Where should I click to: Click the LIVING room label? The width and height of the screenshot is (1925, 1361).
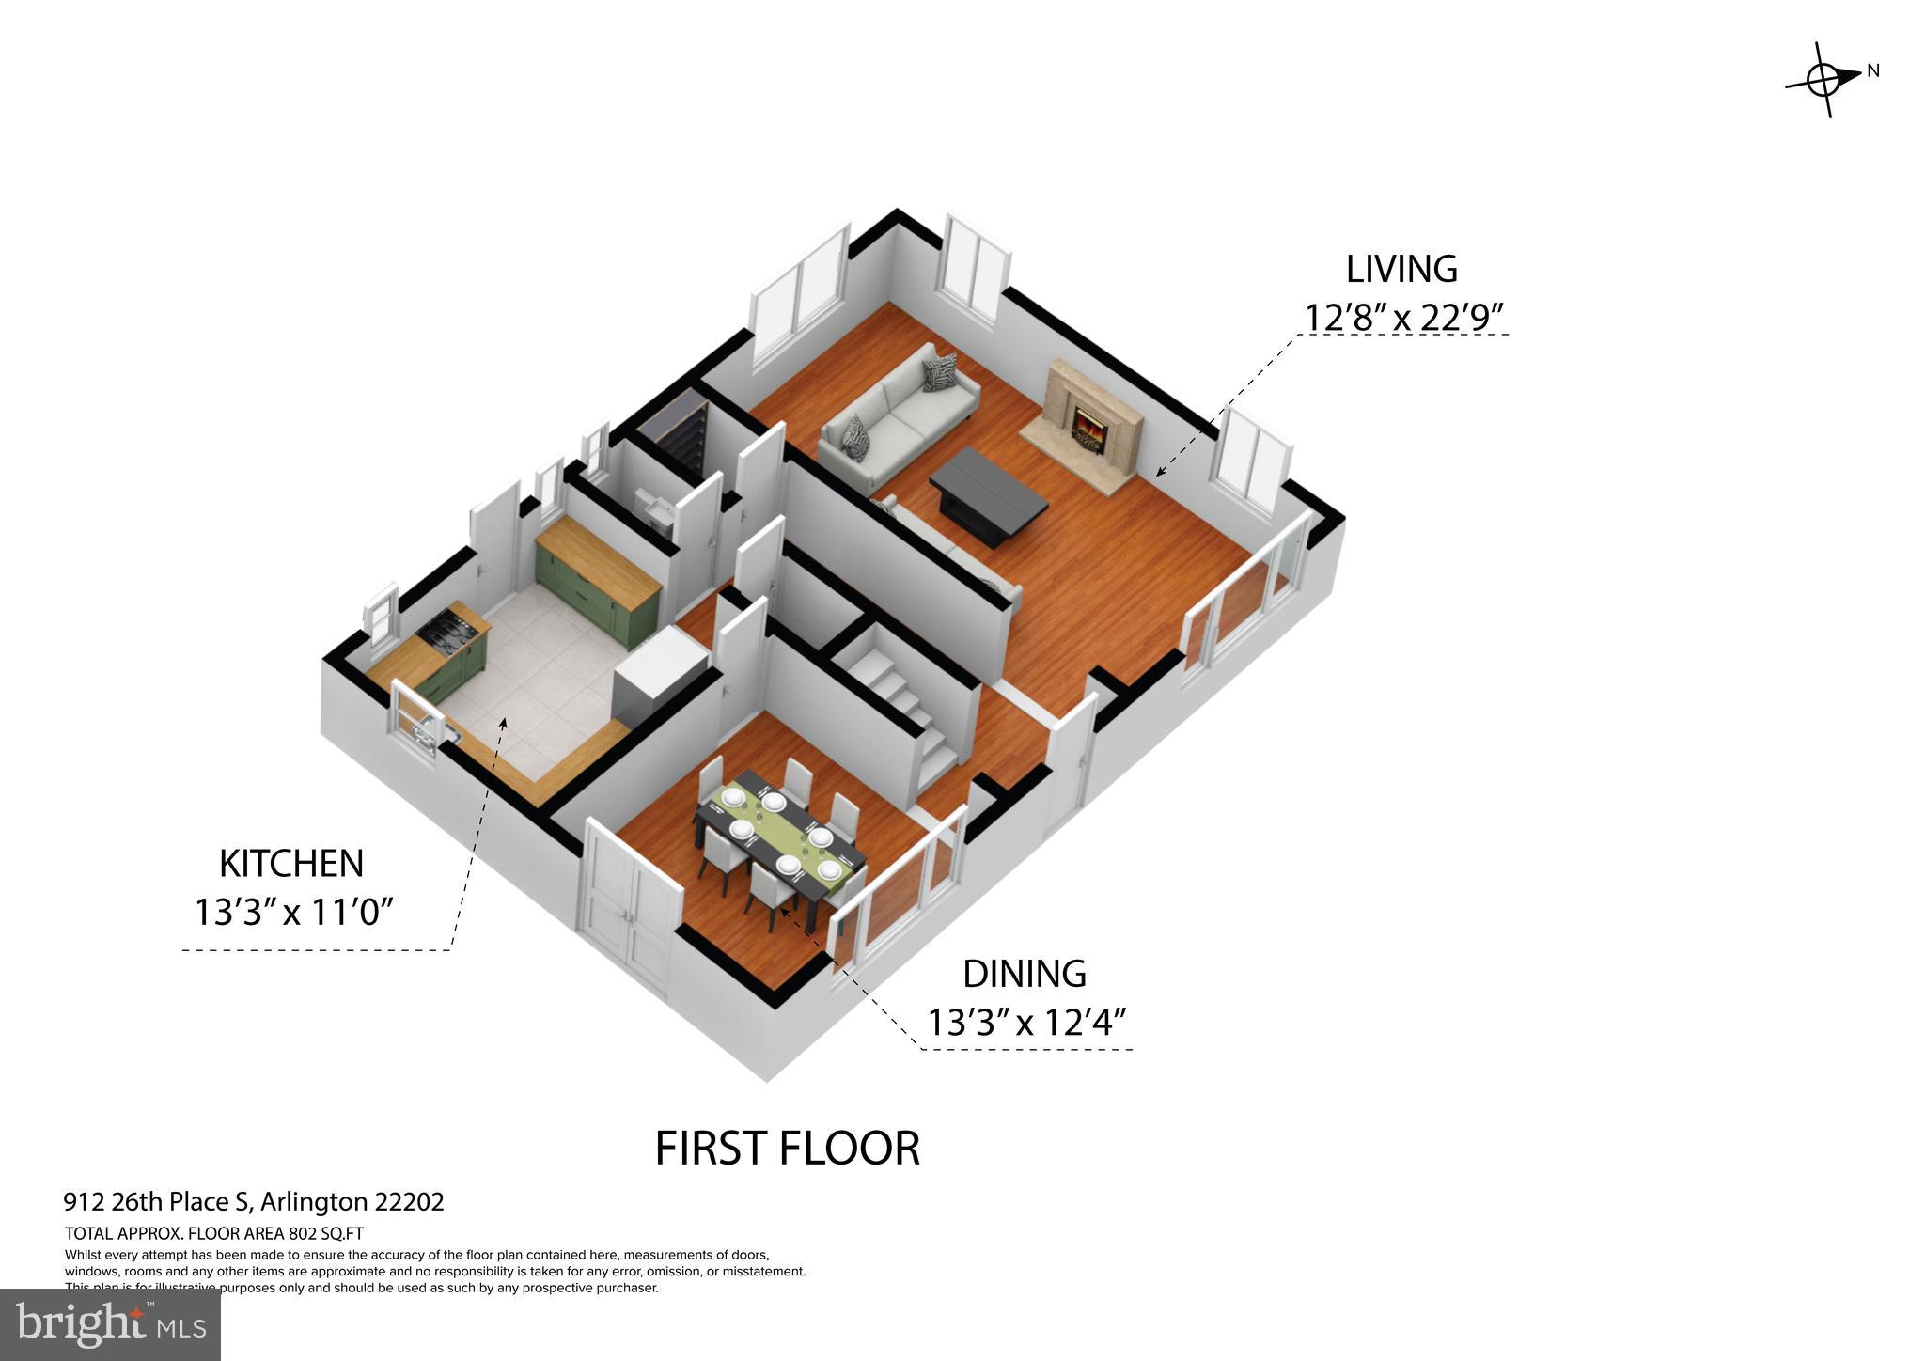(x=1401, y=270)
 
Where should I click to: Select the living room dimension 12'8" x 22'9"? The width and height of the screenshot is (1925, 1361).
(x=1400, y=318)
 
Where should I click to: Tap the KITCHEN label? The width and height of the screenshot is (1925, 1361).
(x=290, y=863)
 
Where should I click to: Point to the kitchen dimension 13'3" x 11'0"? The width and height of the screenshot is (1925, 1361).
(x=292, y=911)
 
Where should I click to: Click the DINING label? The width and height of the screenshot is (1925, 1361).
(x=1025, y=974)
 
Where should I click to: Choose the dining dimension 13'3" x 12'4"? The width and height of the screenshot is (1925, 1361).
(x=1026, y=1022)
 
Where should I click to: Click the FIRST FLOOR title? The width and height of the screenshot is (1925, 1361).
(x=787, y=1149)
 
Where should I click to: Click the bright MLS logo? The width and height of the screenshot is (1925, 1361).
(x=110, y=1324)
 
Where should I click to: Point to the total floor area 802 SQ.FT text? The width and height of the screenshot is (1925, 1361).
(x=214, y=1233)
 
